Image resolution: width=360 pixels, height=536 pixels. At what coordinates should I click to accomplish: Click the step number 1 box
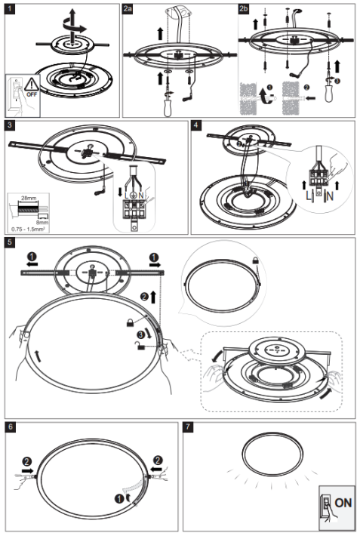coord(10,10)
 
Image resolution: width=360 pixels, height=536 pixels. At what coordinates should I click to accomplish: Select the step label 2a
coord(129,10)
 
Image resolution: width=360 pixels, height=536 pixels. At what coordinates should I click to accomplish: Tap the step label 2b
coord(243,10)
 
